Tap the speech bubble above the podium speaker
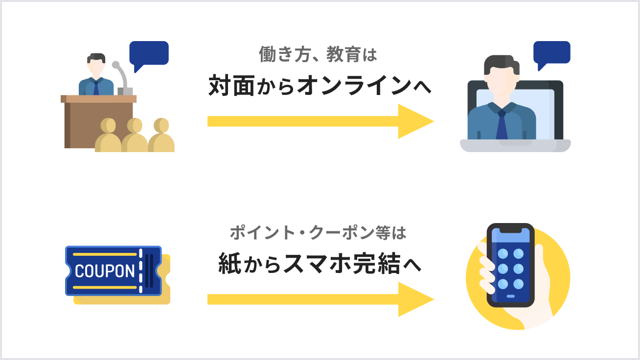(149, 53)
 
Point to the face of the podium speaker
(97, 66)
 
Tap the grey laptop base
(515, 145)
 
